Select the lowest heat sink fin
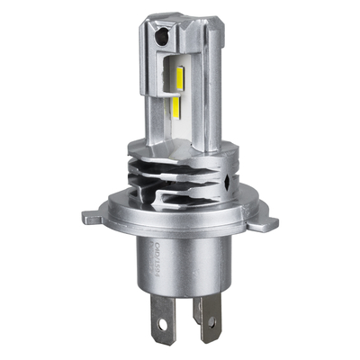(180, 193)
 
